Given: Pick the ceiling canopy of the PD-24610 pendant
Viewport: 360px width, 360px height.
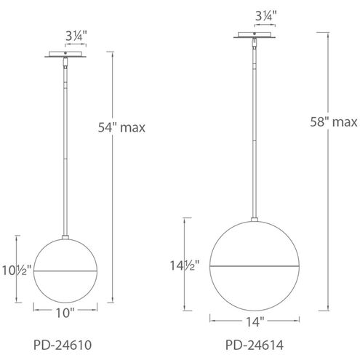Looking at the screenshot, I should (66, 54).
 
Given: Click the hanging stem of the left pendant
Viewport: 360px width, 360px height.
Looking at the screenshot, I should (66, 145).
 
